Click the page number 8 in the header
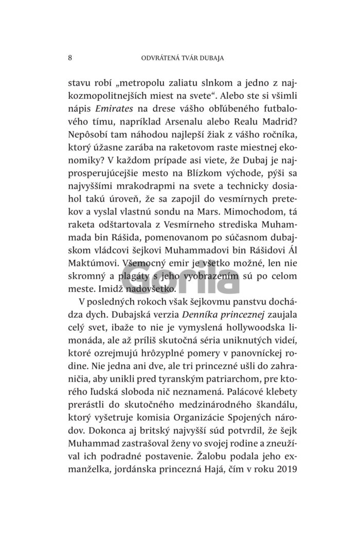[x=69, y=58]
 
